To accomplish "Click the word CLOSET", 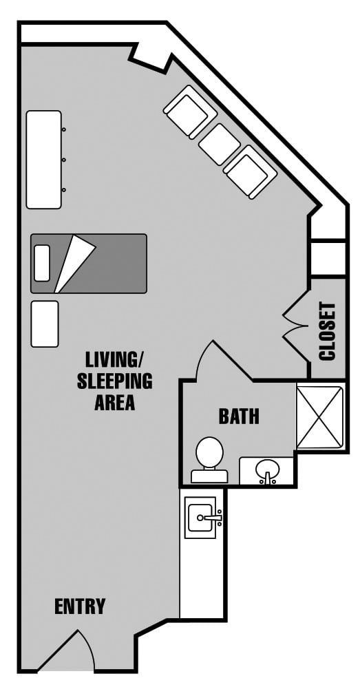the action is [328, 331].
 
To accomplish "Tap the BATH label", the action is [239, 416].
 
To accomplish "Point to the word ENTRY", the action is [80, 606].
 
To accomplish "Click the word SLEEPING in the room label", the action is [115, 381].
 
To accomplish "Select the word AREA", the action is [115, 403].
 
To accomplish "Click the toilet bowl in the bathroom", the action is [209, 452].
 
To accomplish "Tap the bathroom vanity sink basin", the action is [266, 469].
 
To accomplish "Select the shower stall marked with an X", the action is [319, 417].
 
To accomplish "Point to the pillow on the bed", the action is [42, 263].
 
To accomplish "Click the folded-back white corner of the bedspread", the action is [73, 264].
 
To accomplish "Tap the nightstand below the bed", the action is [45, 324].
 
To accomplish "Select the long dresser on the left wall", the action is [43, 160].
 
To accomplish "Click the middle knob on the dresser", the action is [63, 160].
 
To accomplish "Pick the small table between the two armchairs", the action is [220, 144].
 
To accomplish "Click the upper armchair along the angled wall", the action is [191, 112].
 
